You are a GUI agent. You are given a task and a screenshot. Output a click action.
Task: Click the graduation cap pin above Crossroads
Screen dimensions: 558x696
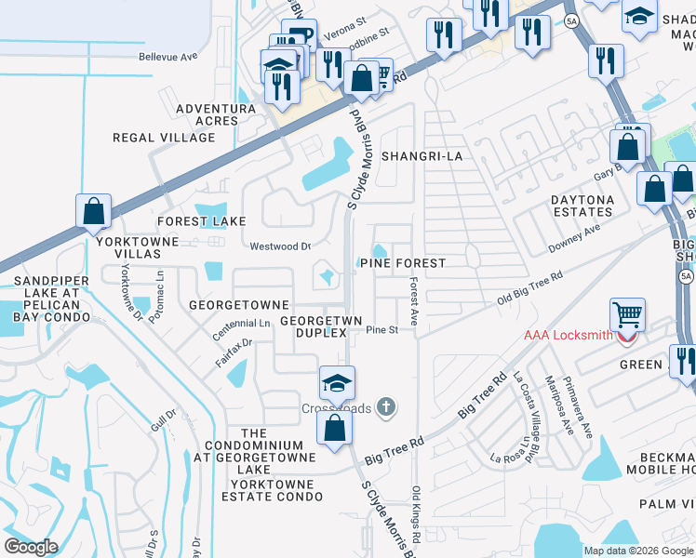click(x=336, y=382)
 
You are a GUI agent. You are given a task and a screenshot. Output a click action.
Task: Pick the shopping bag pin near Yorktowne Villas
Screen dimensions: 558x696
click(x=94, y=211)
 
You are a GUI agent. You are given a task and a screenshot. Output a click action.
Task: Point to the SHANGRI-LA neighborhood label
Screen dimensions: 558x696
click(x=422, y=156)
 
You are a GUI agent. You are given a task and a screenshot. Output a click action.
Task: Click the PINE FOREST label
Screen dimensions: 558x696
click(x=403, y=264)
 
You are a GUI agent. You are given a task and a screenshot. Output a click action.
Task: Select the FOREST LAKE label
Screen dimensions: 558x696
click(x=201, y=221)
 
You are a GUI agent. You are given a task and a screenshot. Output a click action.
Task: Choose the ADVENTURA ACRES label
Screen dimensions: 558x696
click(x=217, y=115)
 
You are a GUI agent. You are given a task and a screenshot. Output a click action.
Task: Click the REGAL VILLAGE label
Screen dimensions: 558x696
click(x=164, y=138)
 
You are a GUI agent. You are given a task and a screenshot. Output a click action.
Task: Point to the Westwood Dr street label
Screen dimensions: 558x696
click(x=280, y=246)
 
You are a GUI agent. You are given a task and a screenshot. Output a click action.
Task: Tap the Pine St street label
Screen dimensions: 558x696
click(x=381, y=330)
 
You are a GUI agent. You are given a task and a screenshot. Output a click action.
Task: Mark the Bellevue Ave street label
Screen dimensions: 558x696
click(x=168, y=57)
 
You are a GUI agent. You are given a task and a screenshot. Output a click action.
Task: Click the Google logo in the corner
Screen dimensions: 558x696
click(x=31, y=547)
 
